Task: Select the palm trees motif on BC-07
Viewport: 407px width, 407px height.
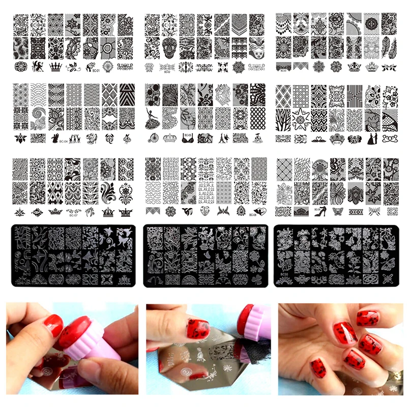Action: click(92, 211)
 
